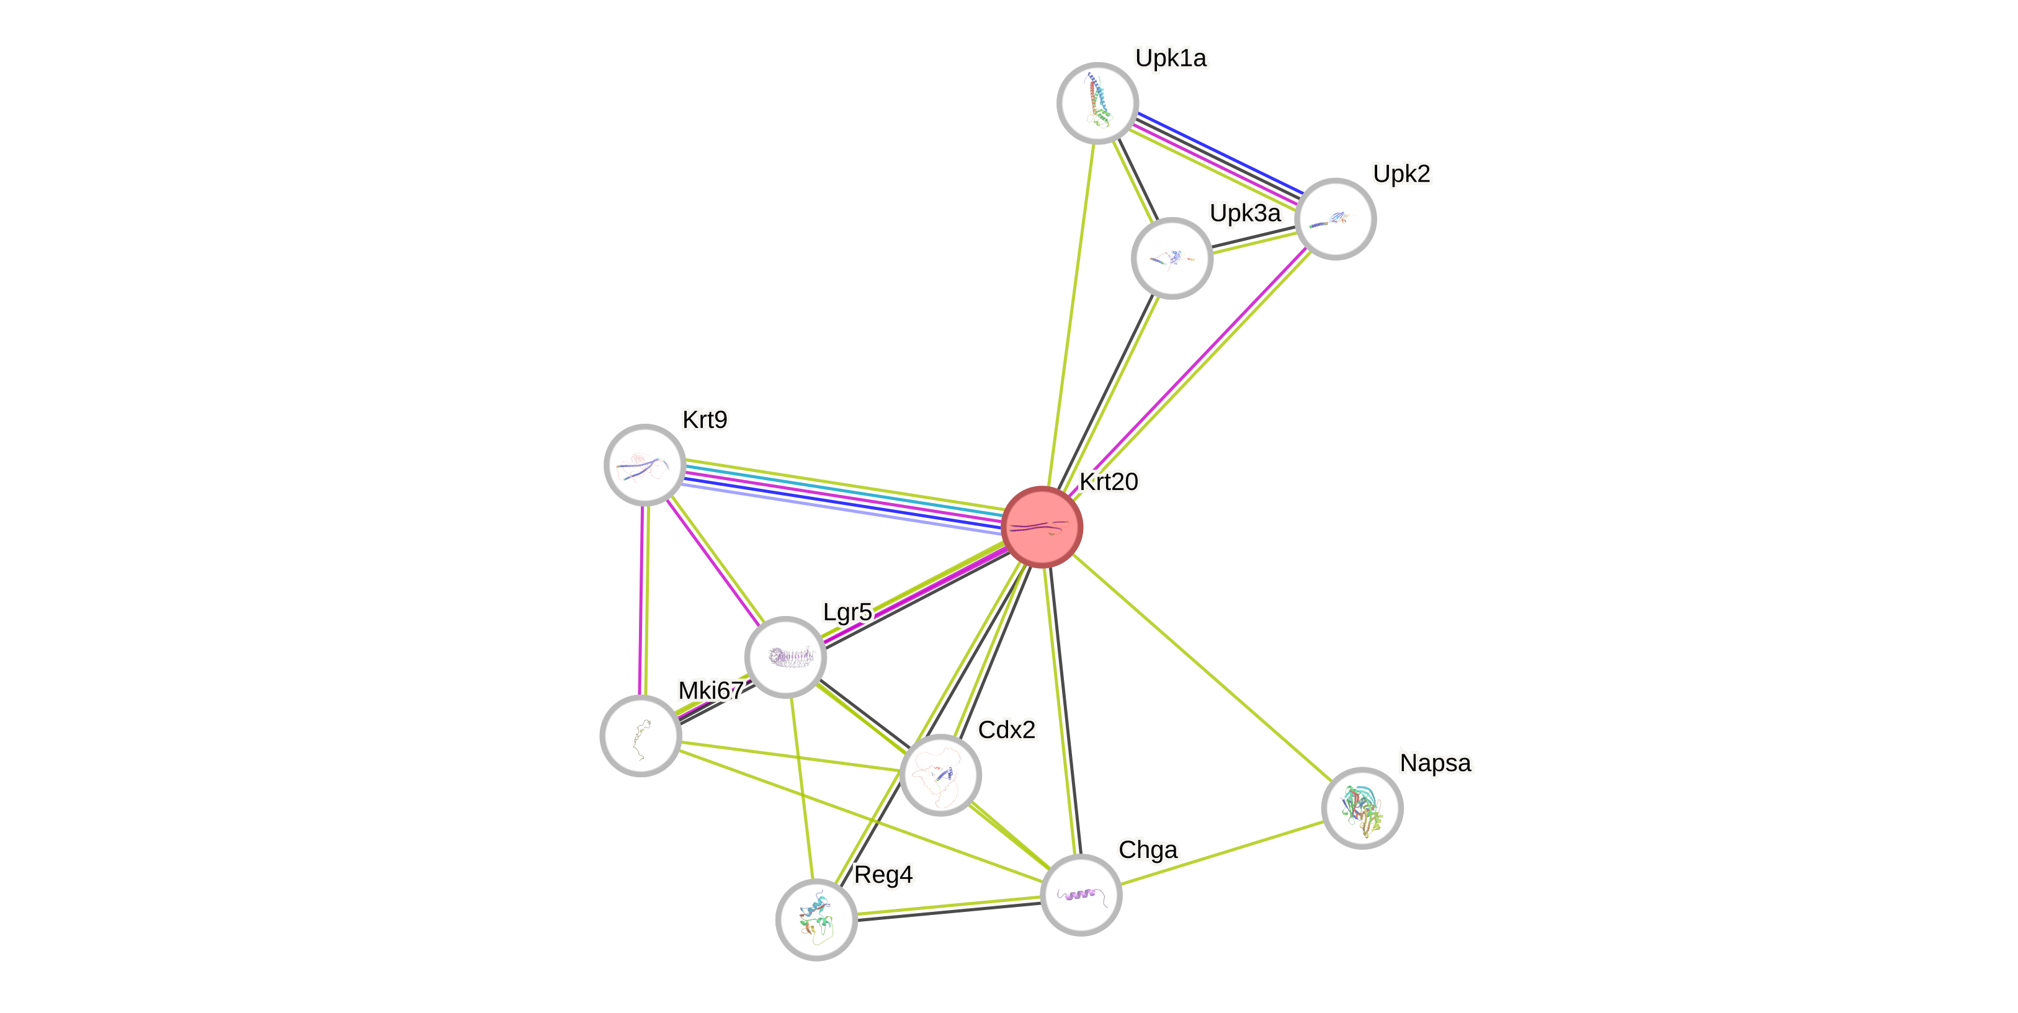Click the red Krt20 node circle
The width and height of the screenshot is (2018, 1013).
click(1042, 527)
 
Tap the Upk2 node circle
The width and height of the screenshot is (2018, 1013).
click(1335, 218)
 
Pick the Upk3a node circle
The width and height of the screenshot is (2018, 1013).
click(1172, 258)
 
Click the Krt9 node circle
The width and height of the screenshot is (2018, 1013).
click(645, 465)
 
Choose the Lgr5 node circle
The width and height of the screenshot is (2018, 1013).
click(785, 656)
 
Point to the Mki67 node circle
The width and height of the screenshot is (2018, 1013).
click(641, 736)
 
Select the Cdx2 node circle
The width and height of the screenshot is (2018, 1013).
click(940, 775)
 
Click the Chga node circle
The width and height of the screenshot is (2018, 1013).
click(1081, 895)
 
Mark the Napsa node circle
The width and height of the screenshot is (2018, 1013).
click(1362, 808)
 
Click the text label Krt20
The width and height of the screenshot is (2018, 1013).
click(1109, 482)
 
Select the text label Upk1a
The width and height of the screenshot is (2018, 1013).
click(1171, 58)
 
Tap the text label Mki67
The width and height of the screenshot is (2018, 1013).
click(710, 690)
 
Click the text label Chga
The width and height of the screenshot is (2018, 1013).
click(1148, 850)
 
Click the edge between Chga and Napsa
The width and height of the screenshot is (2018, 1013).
click(1222, 852)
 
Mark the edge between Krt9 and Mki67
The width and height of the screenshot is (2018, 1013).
click(643, 599)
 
